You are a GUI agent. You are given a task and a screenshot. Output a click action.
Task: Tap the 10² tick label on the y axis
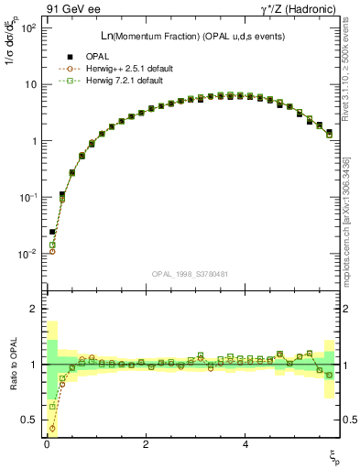click(x=27, y=28)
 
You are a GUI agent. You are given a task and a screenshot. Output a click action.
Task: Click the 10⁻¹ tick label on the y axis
click(x=27, y=198)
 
